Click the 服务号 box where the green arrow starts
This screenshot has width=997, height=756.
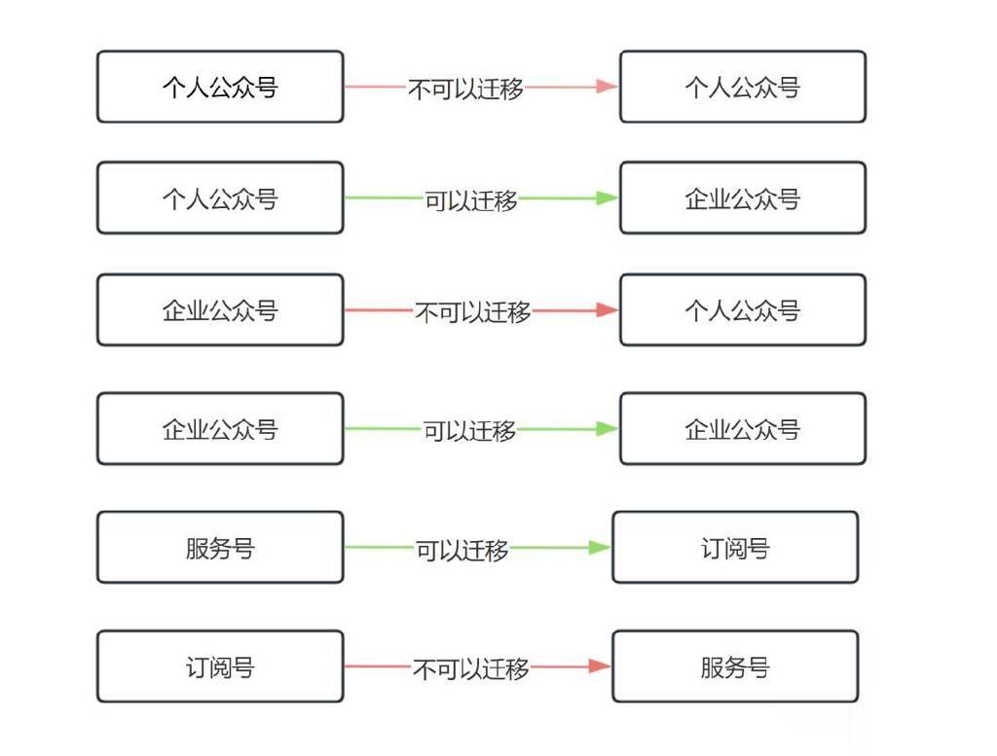[x=220, y=547]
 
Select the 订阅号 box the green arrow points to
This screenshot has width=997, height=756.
[x=735, y=547]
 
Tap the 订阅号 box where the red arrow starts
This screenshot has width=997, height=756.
[x=220, y=666]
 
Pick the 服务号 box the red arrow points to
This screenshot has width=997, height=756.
[x=735, y=666]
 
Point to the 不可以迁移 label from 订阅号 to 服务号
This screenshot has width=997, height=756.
[x=471, y=668]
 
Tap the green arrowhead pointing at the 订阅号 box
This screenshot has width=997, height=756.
[x=600, y=547]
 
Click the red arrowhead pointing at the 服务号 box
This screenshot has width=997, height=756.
[x=600, y=666]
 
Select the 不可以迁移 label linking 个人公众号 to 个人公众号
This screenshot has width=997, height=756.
[x=466, y=89]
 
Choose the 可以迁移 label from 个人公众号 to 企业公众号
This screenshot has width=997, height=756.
[x=471, y=200]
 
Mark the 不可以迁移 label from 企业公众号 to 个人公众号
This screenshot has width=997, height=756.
[x=473, y=312]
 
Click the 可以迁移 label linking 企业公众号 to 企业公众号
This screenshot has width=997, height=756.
[x=470, y=431]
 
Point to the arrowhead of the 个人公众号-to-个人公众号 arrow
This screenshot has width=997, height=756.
[x=608, y=87]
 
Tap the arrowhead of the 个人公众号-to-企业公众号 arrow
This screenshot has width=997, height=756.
[x=608, y=198]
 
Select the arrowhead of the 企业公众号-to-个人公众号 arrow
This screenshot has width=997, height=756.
[x=608, y=310]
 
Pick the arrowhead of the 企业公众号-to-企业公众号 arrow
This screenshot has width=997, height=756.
[x=608, y=429]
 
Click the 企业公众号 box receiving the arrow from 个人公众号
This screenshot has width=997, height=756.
[x=743, y=198]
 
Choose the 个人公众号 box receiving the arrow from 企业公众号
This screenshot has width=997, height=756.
[x=743, y=310]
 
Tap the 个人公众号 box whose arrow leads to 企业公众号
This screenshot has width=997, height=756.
[x=220, y=198]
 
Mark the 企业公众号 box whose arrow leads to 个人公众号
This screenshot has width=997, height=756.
[x=220, y=310]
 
